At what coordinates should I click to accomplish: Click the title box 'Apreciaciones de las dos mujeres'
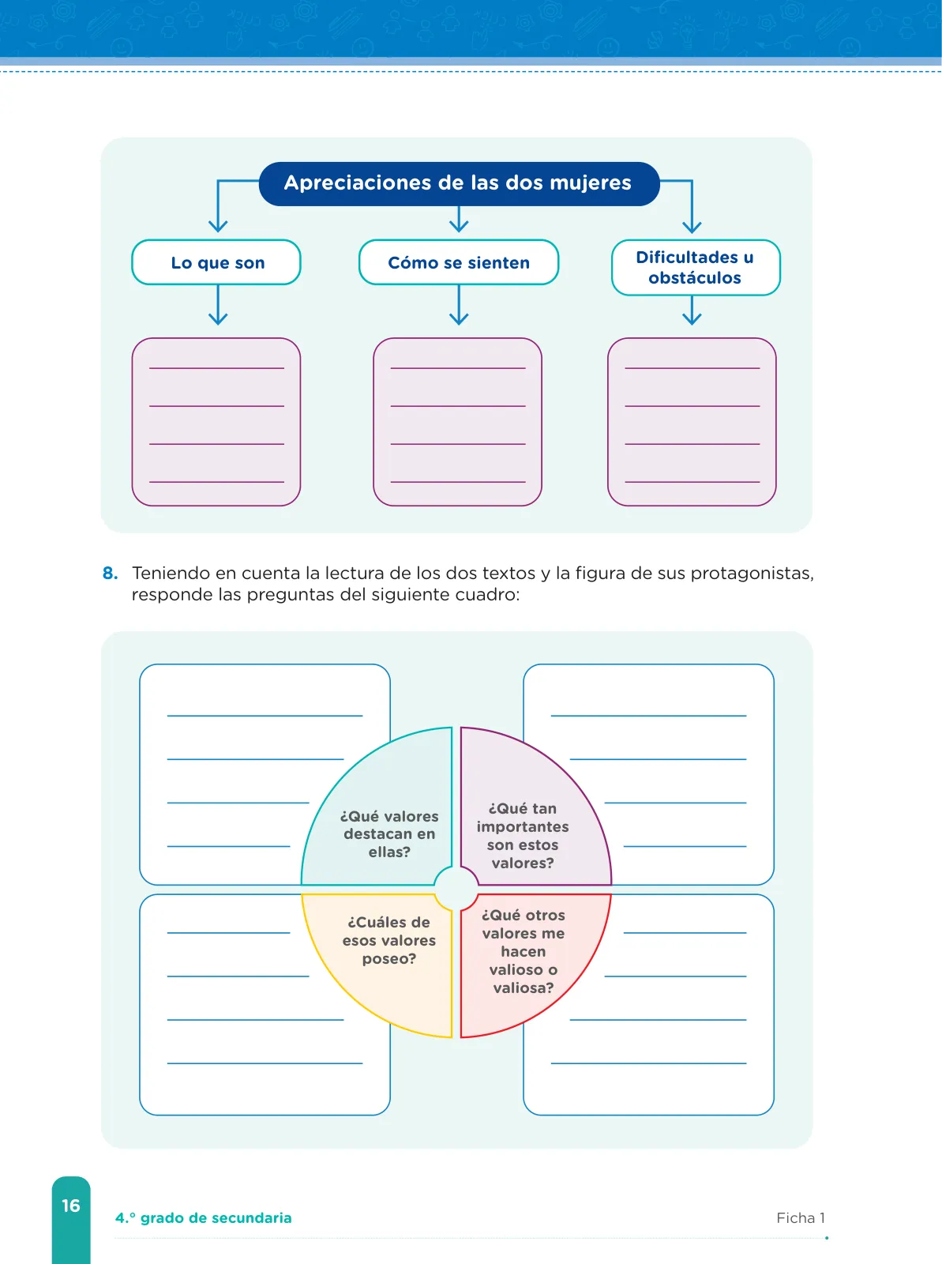pyautogui.click(x=459, y=184)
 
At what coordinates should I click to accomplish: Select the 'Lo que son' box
pyautogui.click(x=216, y=262)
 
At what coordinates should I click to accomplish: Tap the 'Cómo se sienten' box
pyautogui.click(x=459, y=262)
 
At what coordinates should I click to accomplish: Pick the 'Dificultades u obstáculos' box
pyautogui.click(x=696, y=268)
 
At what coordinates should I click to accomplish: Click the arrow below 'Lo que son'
pyautogui.click(x=217, y=305)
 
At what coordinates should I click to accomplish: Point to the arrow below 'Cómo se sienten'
pyautogui.click(x=459, y=305)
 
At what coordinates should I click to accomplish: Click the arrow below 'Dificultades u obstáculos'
pyautogui.click(x=692, y=310)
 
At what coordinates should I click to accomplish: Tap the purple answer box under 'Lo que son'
pyautogui.click(x=216, y=422)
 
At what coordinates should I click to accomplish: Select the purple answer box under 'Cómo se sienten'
pyautogui.click(x=457, y=422)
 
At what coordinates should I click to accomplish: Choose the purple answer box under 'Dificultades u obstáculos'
pyautogui.click(x=692, y=422)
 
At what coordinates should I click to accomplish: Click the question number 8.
pyautogui.click(x=110, y=574)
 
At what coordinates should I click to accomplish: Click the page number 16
pyautogui.click(x=71, y=1206)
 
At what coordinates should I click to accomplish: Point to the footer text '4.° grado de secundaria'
pyautogui.click(x=204, y=1218)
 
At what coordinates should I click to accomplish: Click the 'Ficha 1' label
pyautogui.click(x=801, y=1218)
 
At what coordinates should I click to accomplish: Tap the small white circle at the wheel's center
pyautogui.click(x=456, y=890)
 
